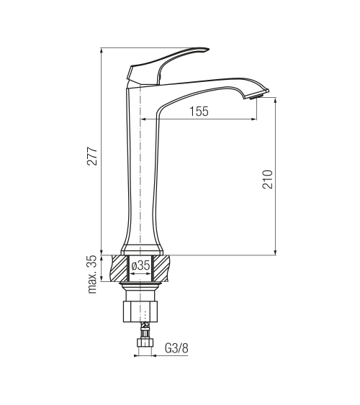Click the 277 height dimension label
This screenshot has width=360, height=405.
click(92, 156)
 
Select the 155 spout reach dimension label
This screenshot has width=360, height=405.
click(199, 112)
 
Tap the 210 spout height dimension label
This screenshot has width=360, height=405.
click(268, 179)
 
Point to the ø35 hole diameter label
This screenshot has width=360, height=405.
click(140, 265)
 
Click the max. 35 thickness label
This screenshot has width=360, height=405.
click(92, 274)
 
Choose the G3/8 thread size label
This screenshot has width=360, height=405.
click(176, 348)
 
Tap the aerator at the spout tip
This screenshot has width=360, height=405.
click(256, 96)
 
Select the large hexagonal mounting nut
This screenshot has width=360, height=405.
click(140, 311)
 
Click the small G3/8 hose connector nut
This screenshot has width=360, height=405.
click(145, 342)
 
